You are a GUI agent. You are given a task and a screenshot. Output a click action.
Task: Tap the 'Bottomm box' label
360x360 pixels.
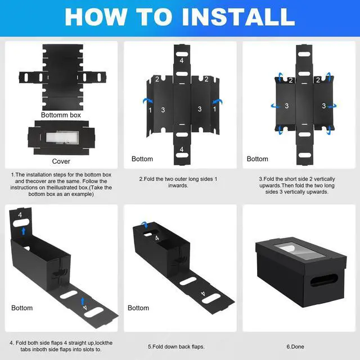click(x=61, y=115)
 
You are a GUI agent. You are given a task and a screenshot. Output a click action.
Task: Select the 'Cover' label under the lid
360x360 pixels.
click(x=61, y=161)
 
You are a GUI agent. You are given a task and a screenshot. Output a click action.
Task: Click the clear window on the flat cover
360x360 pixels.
click(x=62, y=137)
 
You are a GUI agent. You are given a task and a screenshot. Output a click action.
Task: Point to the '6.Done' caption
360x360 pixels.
click(x=295, y=346)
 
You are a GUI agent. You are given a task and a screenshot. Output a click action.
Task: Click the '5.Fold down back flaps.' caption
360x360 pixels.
click(x=176, y=346)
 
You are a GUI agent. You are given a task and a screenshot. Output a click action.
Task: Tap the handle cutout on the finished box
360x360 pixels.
click(x=324, y=280)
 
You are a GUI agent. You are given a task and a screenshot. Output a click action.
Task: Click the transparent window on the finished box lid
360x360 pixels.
click(x=299, y=251)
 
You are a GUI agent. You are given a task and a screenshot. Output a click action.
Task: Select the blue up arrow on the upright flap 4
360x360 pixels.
click(x=24, y=231)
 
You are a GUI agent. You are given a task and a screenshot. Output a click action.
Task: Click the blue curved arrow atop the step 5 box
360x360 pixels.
click(x=145, y=224)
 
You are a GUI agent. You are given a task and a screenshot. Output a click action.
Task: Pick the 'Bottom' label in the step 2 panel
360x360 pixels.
click(x=142, y=159)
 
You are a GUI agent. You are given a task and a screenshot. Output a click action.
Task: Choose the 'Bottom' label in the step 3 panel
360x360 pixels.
click(x=258, y=159)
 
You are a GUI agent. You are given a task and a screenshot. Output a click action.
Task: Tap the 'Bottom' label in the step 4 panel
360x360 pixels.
click(x=22, y=308)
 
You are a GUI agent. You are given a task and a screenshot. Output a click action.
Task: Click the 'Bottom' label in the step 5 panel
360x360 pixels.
click(x=138, y=308)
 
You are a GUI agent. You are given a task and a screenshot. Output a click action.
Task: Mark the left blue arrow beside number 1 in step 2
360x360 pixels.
click(x=147, y=101)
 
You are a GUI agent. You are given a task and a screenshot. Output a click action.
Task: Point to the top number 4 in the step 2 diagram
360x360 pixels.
click(x=182, y=60)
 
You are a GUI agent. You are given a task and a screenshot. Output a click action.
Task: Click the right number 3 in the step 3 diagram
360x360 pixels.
click(x=324, y=106)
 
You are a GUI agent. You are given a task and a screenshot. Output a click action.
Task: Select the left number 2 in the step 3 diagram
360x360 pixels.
click(x=291, y=80)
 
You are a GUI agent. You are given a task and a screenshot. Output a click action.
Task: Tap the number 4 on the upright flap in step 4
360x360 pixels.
click(x=20, y=215)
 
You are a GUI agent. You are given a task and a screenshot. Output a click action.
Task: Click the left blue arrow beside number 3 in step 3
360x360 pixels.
click(x=275, y=106)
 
